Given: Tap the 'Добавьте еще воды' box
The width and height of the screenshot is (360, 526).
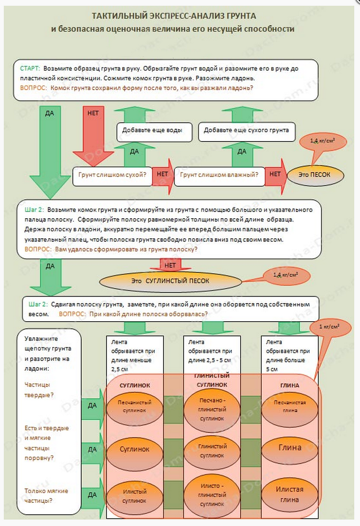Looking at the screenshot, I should [153, 130].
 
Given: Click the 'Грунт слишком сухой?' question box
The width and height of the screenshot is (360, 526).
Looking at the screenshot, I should [112, 174].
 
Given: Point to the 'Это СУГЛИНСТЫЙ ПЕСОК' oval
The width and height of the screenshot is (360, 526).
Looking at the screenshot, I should [170, 281].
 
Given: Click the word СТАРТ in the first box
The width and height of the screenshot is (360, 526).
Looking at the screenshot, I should [30, 68].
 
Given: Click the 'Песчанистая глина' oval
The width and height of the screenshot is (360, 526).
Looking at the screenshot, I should [289, 406].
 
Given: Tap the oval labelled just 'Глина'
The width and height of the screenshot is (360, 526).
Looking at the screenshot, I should [290, 447].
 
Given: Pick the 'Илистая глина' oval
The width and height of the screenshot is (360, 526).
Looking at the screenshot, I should [290, 494].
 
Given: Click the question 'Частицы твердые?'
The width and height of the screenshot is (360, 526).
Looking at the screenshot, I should [41, 389].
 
